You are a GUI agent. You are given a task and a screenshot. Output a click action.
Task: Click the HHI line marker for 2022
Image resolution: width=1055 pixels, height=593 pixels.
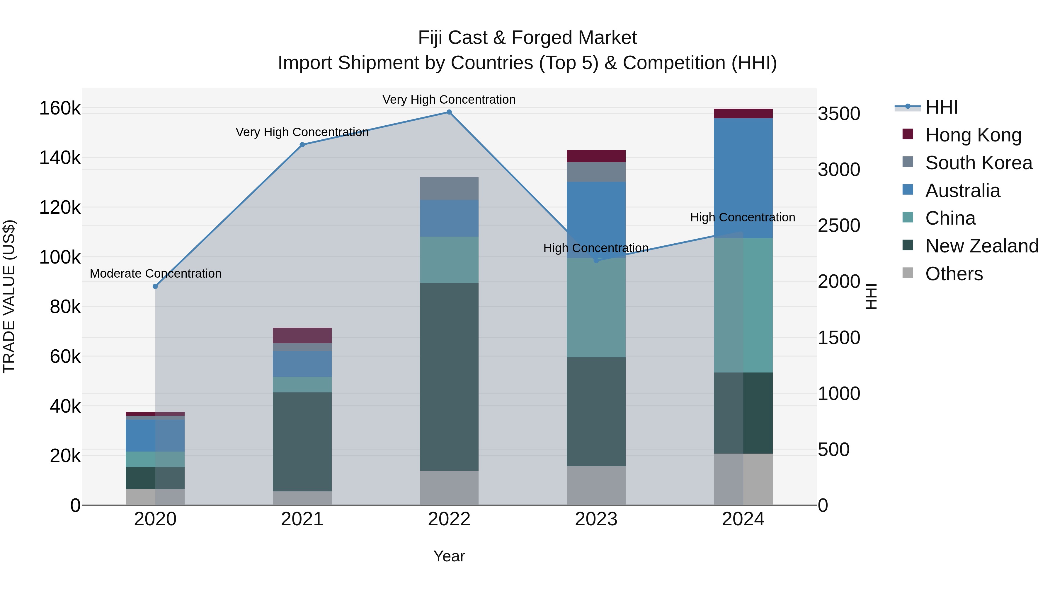[449, 112]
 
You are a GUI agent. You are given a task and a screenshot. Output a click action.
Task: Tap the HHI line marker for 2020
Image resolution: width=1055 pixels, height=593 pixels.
[155, 286]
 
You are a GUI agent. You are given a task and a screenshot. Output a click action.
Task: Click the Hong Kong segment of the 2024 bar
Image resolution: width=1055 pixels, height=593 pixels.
[743, 113]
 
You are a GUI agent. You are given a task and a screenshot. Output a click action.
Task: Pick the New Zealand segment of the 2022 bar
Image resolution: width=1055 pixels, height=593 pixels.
[449, 377]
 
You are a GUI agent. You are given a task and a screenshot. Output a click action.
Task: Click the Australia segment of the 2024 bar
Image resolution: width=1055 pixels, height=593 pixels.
[743, 178]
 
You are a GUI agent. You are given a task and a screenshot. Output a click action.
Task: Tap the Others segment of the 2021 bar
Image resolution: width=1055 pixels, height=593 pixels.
[302, 498]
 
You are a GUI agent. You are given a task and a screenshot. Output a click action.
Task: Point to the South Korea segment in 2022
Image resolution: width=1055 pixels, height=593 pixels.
[449, 188]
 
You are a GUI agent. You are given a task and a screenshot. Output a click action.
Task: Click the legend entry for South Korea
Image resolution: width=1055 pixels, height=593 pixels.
[979, 163]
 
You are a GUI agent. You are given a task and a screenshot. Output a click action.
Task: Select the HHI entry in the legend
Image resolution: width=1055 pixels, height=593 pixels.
[941, 107]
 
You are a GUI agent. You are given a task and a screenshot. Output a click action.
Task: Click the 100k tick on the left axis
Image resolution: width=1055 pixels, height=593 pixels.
[60, 257]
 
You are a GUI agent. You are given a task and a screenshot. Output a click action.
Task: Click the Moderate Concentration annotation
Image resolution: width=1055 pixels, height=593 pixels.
[155, 274]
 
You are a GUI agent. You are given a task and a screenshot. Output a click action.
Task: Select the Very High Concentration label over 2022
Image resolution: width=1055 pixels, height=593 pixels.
[449, 100]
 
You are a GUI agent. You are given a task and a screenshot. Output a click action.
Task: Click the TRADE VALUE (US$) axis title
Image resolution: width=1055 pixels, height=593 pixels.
[9, 296]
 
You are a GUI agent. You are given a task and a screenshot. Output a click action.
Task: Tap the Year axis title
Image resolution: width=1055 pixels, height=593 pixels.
[449, 556]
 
